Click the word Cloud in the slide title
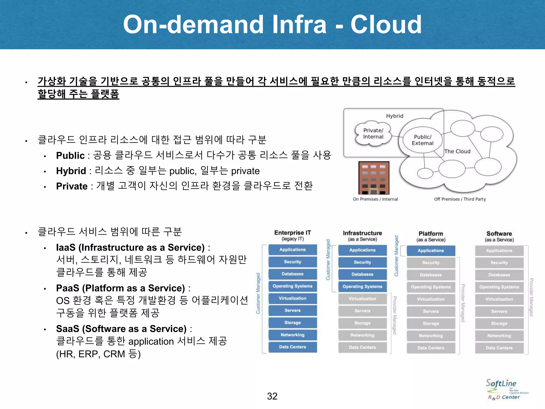[386, 24]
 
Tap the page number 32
[272, 396]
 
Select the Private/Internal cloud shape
[373, 134]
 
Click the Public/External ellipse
[422, 140]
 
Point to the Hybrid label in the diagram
[394, 116]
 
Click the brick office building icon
[374, 178]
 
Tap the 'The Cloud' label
[457, 152]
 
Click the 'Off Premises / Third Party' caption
[460, 199]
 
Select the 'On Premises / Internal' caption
[375, 199]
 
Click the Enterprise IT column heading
[292, 235]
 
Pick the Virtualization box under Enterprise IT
[292, 298]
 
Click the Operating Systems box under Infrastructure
[362, 287]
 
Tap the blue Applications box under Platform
[431, 251]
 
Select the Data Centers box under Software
[499, 348]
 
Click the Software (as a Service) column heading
[499, 236]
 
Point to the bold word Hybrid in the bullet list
[71, 171]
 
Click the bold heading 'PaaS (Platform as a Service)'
[120, 288]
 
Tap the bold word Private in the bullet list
[72, 186]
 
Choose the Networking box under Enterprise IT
[292, 335]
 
